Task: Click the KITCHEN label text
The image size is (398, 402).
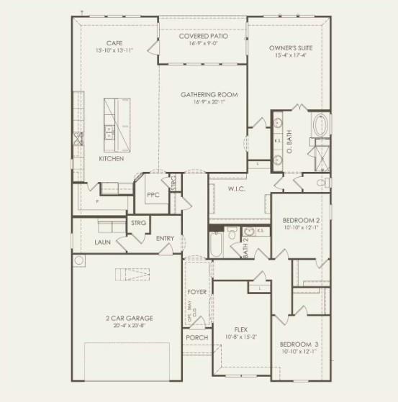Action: tap(112, 158)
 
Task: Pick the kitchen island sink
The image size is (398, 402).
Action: tap(109, 132)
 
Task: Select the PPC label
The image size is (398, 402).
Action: tap(153, 195)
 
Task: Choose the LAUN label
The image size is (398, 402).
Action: tap(102, 242)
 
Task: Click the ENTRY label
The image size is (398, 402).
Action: tap(165, 239)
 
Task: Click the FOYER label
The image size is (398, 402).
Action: tap(197, 293)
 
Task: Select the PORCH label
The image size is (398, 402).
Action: tap(196, 337)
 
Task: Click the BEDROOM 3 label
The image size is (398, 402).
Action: tap(299, 344)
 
